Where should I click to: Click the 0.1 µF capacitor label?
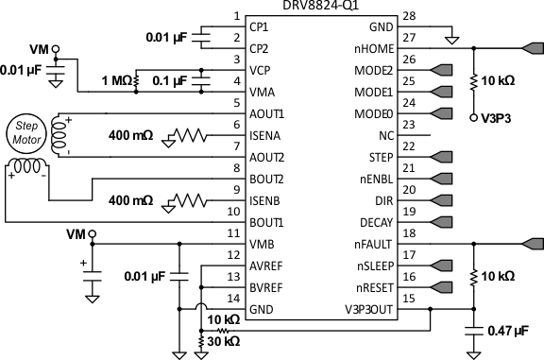coord(170,80)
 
